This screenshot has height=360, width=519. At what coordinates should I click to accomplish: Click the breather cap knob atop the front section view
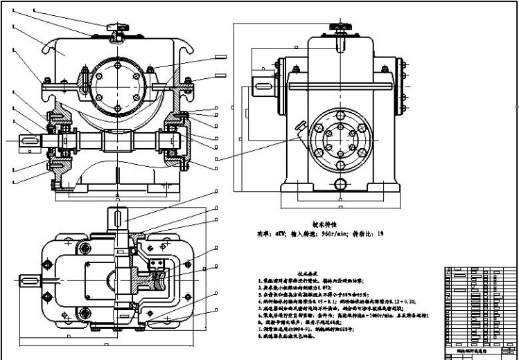(x=114, y=27)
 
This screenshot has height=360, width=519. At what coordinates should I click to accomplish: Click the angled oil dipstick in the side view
(x=299, y=127)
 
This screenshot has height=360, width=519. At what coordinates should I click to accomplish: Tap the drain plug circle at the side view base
(x=340, y=184)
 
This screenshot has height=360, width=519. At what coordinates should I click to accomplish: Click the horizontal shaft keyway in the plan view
(x=29, y=280)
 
